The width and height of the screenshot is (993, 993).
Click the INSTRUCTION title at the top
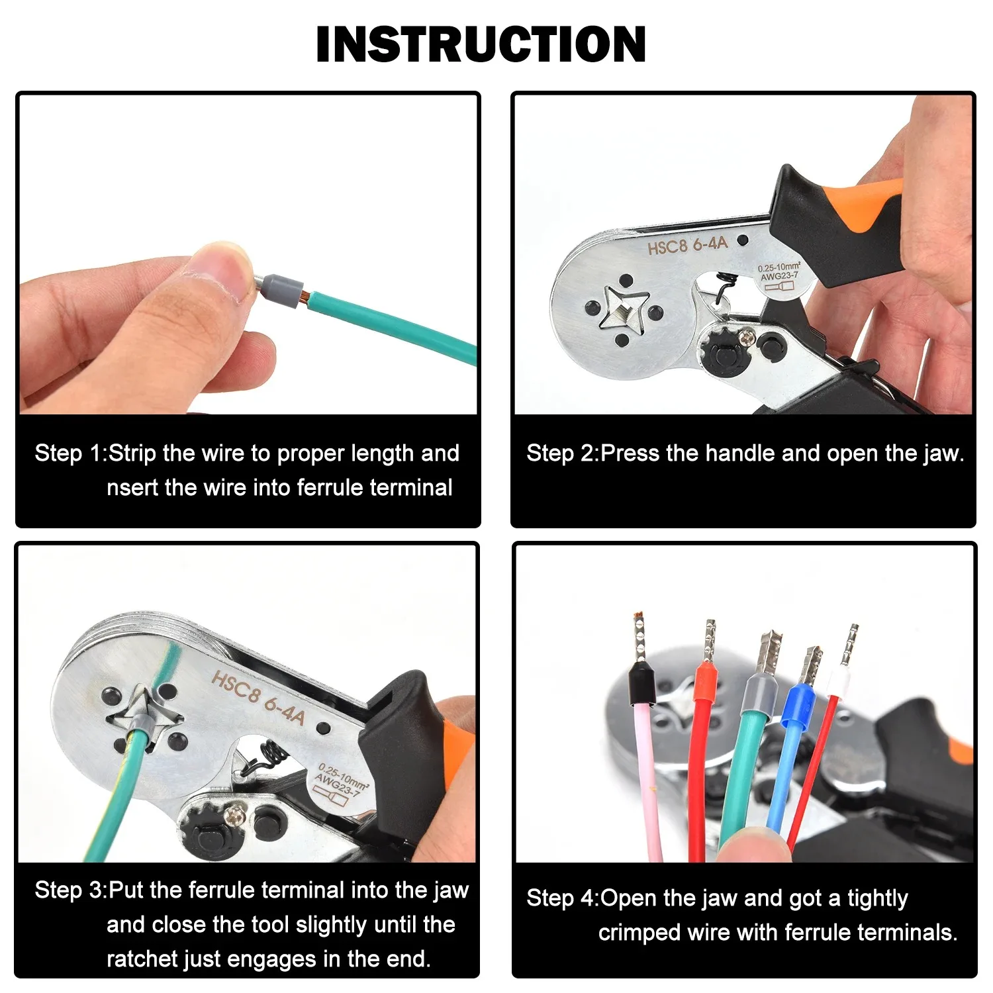[481, 44]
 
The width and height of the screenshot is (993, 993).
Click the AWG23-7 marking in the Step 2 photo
[779, 276]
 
